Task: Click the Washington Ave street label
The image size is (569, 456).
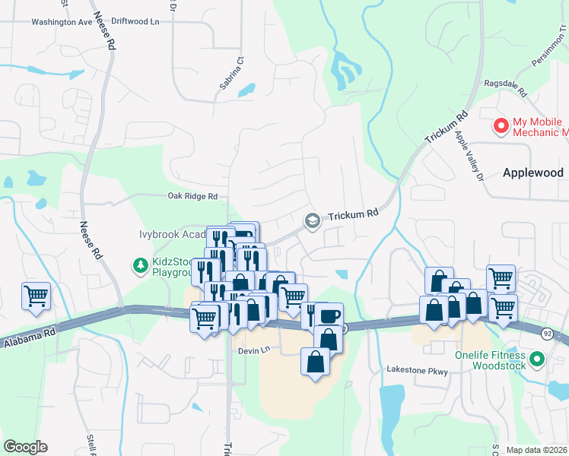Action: coord(62,22)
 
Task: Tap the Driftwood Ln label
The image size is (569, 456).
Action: coord(135,22)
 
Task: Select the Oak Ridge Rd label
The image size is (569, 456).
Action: coord(192,196)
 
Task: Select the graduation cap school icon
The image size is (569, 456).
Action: coord(311,220)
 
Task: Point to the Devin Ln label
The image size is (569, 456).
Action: coord(254,350)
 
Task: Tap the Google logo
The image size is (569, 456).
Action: coord(25,447)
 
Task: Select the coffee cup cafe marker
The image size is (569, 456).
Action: coord(330,315)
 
